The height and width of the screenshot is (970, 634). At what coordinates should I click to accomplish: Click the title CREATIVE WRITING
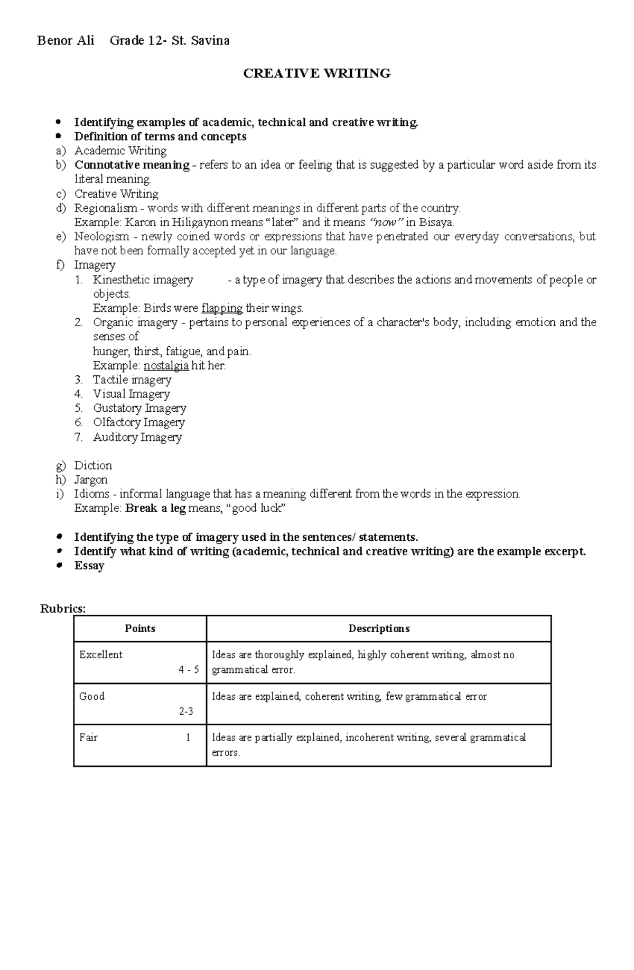point(316,73)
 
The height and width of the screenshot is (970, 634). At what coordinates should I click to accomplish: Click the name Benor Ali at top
point(66,41)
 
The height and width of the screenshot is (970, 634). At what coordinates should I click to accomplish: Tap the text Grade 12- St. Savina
point(169,41)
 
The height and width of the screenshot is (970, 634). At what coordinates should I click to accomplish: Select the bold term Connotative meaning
point(132,165)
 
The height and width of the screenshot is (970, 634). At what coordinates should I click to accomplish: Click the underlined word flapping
point(222,308)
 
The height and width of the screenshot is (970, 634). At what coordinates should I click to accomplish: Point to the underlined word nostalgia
point(166,365)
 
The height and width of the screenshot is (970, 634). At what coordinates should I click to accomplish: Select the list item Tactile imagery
point(132,380)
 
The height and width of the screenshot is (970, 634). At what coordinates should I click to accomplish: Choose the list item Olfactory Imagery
point(138,422)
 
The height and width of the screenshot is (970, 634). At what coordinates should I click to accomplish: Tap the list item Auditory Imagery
point(137,437)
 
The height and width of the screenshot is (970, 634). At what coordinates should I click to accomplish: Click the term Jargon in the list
point(90,480)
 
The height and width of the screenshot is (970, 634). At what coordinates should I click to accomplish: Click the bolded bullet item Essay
point(89,566)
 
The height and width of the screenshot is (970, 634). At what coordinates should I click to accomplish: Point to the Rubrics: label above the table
point(63,608)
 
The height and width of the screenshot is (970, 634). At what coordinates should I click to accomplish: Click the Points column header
point(140,629)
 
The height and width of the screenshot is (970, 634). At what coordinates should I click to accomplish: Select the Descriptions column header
point(379,629)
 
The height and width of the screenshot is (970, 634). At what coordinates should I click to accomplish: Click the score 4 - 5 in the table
point(189,670)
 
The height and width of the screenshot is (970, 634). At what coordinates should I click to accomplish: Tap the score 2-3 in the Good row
point(185,712)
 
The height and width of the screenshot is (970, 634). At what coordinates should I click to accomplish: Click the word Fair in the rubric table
point(88,737)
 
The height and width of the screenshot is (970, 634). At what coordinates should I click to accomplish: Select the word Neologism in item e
point(101,236)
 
